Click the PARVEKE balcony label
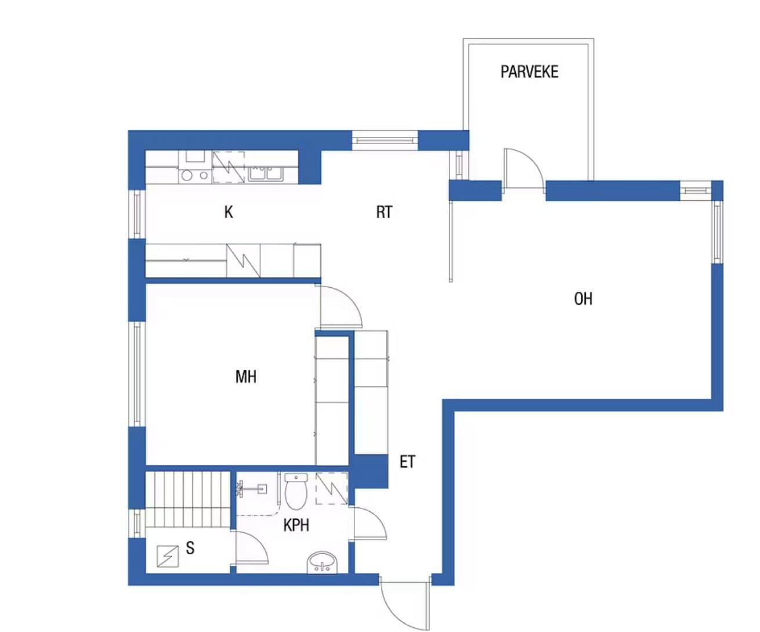pyautogui.click(x=529, y=72)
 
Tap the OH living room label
pyautogui.click(x=583, y=299)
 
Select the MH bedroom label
pyautogui.click(x=245, y=377)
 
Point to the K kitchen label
pyautogui.click(x=229, y=212)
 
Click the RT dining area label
pyautogui.click(x=385, y=212)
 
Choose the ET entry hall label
pyautogui.click(x=407, y=462)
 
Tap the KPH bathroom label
pyautogui.click(x=296, y=525)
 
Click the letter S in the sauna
pyautogui.click(x=190, y=548)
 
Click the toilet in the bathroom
pyautogui.click(x=296, y=492)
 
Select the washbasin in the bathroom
pyautogui.click(x=323, y=563)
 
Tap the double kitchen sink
pyautogui.click(x=265, y=174)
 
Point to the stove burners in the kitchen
pyautogui.click(x=194, y=175)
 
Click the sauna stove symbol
pyautogui.click(x=168, y=557)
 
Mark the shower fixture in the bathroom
pyautogui.click(x=251, y=489)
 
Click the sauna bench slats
pyautogui.click(x=188, y=500)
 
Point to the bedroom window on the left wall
pyautogui.click(x=137, y=374)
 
